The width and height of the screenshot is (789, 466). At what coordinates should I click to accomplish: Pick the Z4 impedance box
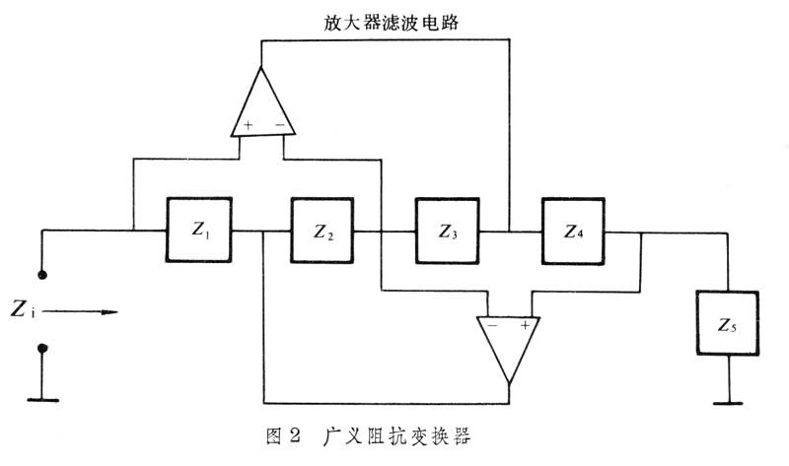pyautogui.click(x=573, y=231)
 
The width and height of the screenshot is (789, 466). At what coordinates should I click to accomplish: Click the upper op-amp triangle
pyautogui.click(x=262, y=105)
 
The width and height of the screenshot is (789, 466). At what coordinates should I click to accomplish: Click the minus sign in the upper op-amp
pyautogui.click(x=279, y=126)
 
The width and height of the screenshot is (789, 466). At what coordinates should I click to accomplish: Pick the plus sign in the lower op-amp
pyautogui.click(x=526, y=324)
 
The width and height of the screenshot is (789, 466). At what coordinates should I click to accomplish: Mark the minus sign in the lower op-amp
pyautogui.click(x=491, y=324)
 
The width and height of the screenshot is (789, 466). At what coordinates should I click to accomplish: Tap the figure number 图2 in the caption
pyautogui.click(x=269, y=433)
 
